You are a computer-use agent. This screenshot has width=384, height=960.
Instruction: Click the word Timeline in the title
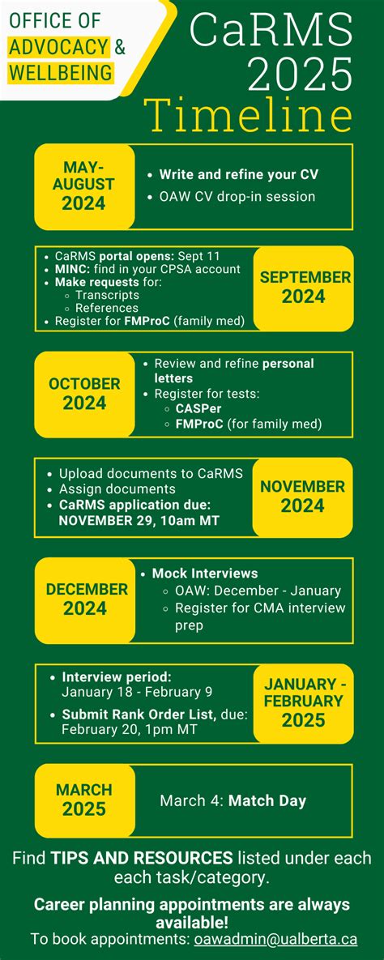[249, 115]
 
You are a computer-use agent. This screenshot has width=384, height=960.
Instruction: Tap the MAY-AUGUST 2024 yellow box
[84, 186]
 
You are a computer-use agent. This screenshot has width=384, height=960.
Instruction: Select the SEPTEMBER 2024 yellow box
[304, 287]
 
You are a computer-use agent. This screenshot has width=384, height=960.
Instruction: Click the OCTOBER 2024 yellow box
[84, 393]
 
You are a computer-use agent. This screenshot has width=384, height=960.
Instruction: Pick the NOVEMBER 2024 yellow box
[302, 497]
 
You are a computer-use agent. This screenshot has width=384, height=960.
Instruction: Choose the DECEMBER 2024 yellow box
[85, 599]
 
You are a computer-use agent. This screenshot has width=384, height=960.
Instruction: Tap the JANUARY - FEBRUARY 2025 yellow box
[304, 702]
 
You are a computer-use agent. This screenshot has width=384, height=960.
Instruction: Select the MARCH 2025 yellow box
[84, 800]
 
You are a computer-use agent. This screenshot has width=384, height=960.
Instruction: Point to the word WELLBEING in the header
[61, 74]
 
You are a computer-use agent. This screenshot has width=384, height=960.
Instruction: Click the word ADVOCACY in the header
[59, 48]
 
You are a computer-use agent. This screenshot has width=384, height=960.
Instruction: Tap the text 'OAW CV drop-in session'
[232, 196]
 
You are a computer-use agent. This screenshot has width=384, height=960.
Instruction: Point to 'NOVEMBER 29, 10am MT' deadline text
[139, 520]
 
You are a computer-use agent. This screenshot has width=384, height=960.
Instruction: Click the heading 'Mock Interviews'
[205, 573]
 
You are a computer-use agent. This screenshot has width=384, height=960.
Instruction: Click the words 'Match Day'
[267, 800]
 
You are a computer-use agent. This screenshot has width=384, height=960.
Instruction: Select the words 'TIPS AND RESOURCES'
[142, 858]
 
